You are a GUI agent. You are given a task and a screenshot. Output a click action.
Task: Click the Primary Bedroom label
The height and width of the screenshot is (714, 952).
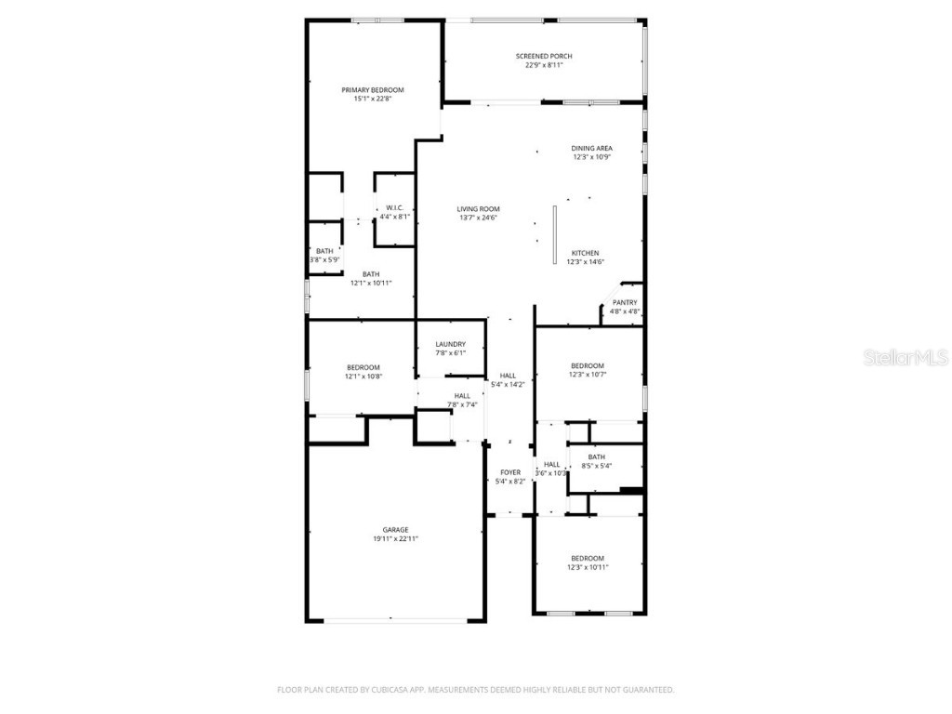372,90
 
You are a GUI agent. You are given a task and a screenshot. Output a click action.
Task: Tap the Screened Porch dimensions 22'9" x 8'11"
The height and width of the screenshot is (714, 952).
544,66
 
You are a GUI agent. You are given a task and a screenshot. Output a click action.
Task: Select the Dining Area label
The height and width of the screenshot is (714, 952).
591,148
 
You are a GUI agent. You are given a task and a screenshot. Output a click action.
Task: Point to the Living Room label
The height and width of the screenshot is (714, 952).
478,209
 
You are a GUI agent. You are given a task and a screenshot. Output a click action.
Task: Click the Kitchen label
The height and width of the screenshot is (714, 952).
585,253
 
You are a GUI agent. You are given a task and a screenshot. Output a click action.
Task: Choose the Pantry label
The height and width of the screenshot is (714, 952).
625,302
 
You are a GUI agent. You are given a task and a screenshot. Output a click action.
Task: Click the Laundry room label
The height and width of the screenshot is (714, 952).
450,344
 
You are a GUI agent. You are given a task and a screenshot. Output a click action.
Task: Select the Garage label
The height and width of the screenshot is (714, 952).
395,530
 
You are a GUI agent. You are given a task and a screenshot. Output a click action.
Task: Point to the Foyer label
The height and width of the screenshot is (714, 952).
510,472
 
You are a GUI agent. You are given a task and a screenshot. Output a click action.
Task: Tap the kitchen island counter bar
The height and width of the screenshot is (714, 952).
554,233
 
